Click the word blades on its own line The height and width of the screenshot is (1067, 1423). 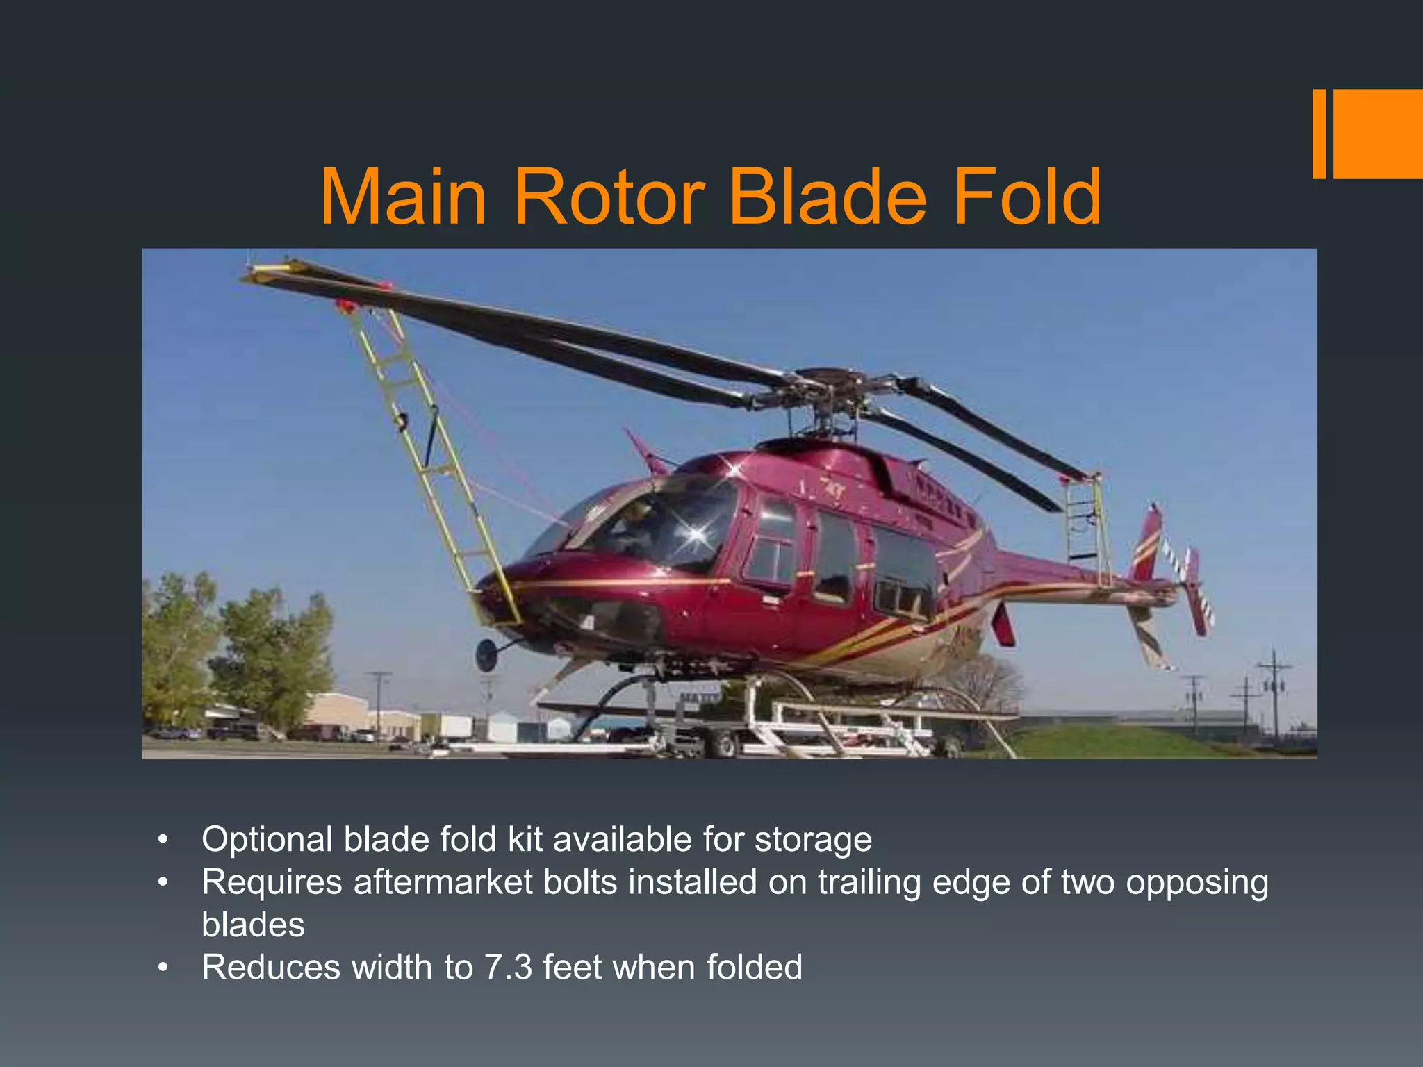[x=253, y=925]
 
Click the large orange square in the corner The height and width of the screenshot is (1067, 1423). [x=1377, y=133]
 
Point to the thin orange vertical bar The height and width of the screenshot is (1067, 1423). [x=1319, y=133]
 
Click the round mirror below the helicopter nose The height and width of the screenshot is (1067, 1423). [x=486, y=654]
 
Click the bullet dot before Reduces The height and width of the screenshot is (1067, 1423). [x=163, y=968]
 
